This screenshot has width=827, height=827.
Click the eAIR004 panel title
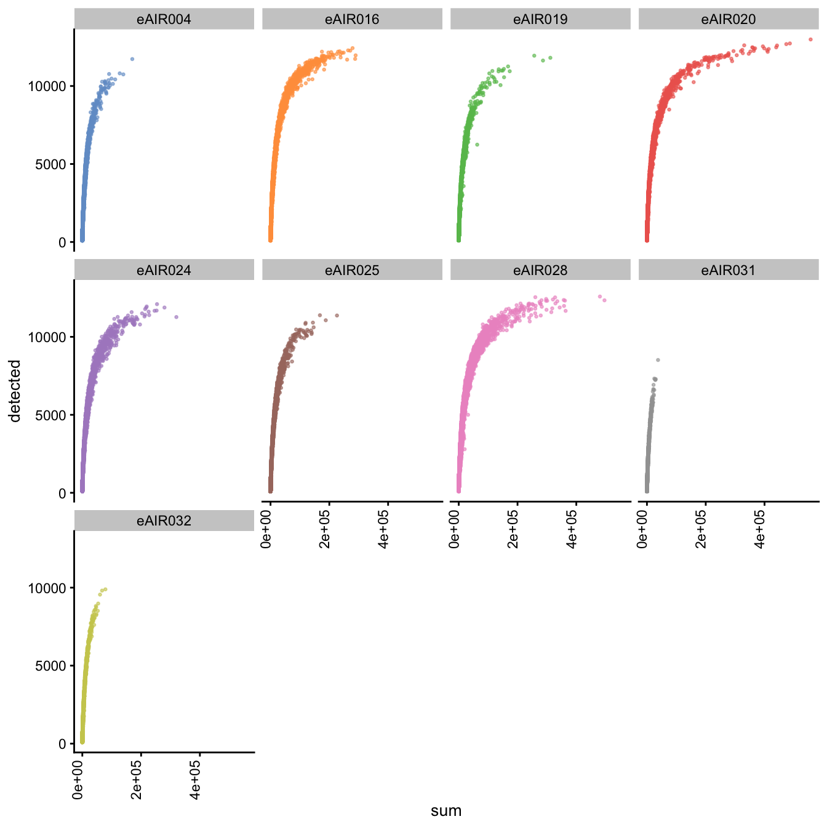click(x=164, y=20)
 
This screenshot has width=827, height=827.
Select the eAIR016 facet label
click(x=352, y=20)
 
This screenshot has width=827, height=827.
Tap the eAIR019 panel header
click(x=540, y=20)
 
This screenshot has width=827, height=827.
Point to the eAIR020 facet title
click(x=729, y=20)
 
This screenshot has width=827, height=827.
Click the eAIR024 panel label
click(x=164, y=270)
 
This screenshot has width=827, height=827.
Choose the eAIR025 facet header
click(x=352, y=270)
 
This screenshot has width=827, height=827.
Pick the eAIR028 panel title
click(x=540, y=270)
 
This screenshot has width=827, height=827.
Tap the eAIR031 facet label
click(x=729, y=270)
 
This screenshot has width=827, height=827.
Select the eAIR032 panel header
click(x=164, y=521)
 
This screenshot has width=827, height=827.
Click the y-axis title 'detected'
click(x=15, y=391)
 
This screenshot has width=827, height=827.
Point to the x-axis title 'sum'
click(x=446, y=810)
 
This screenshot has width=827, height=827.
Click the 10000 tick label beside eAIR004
click(x=47, y=86)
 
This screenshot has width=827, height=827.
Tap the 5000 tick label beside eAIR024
click(x=50, y=415)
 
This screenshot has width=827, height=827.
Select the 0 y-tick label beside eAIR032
click(x=62, y=744)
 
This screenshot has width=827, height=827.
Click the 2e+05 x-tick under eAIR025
click(x=327, y=530)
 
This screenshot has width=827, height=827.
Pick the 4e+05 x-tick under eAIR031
click(x=762, y=530)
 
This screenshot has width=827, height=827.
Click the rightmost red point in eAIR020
click(x=810, y=39)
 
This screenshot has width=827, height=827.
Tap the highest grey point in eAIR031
click(x=658, y=360)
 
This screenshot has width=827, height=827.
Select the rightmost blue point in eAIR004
click(x=132, y=59)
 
